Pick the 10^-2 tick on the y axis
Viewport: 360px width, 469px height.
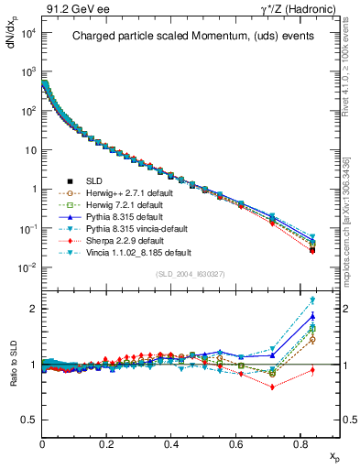click(26, 267)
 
